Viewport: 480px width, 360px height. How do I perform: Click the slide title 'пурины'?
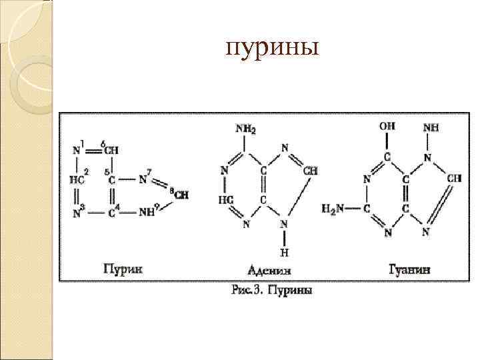(x=273, y=49)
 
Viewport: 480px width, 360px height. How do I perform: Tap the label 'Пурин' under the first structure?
(x=123, y=269)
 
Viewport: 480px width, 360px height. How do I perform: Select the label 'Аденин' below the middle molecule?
(x=270, y=271)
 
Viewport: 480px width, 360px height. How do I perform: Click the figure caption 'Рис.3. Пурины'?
(x=273, y=290)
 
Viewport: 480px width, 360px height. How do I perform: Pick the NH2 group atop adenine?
(x=245, y=128)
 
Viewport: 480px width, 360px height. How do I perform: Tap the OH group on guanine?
(x=387, y=125)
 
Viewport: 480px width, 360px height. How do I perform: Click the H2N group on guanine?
(x=333, y=208)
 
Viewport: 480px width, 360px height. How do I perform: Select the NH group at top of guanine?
(x=431, y=127)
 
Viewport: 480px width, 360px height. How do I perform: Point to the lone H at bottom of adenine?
(x=284, y=252)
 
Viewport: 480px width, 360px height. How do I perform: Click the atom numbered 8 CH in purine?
(x=181, y=195)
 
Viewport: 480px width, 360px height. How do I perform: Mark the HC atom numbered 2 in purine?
(x=77, y=179)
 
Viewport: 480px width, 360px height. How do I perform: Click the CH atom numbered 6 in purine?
(x=111, y=150)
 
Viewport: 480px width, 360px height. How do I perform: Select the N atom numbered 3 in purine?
(x=77, y=213)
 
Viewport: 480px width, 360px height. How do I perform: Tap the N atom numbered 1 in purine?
(x=77, y=150)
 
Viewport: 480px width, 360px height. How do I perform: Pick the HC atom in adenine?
(x=225, y=199)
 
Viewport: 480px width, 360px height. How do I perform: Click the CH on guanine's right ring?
(x=454, y=178)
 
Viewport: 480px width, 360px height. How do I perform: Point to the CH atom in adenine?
(x=310, y=171)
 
